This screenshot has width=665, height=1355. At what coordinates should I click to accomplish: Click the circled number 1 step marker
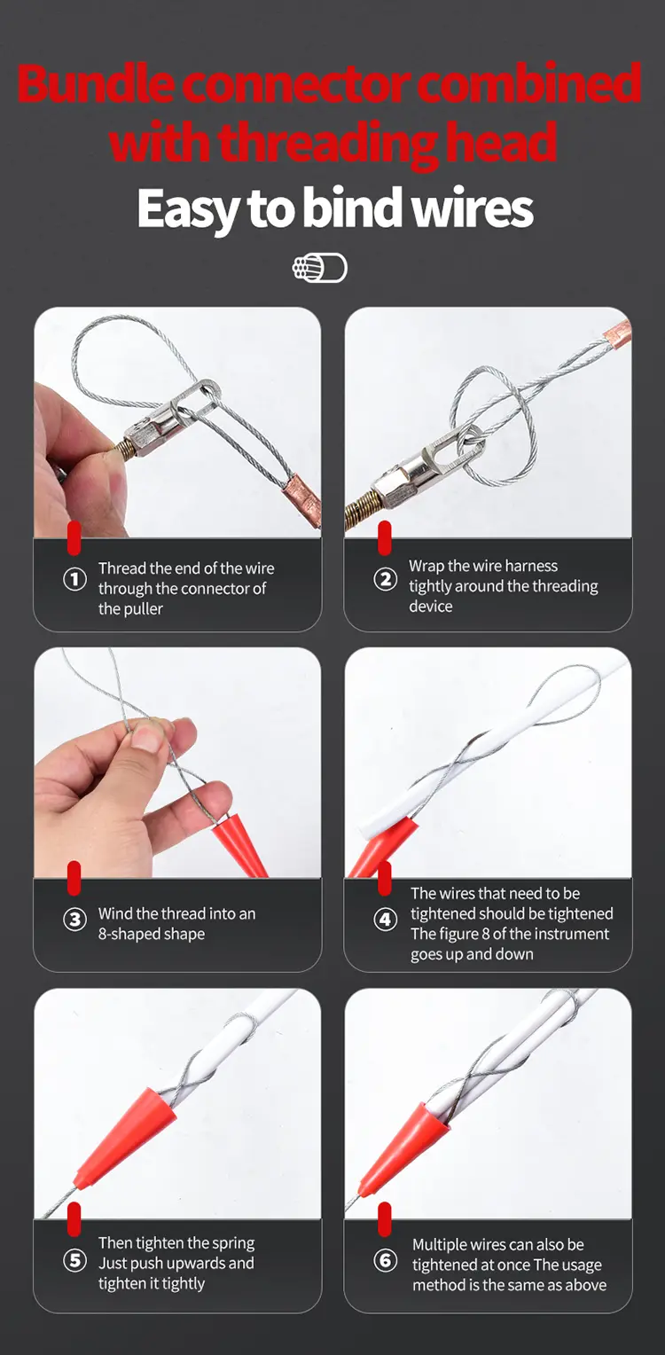click(75, 579)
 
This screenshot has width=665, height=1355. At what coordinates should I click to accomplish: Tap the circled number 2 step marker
click(385, 579)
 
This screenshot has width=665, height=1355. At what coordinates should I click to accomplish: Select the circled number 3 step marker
click(75, 920)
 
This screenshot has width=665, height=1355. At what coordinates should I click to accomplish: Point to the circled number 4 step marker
click(385, 920)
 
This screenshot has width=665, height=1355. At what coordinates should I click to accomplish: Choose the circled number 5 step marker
click(75, 1261)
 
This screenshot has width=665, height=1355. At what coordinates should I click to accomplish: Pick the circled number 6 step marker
click(385, 1261)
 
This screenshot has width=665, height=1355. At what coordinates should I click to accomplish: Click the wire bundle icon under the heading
click(320, 268)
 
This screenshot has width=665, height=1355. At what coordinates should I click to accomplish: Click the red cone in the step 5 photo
click(127, 1137)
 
